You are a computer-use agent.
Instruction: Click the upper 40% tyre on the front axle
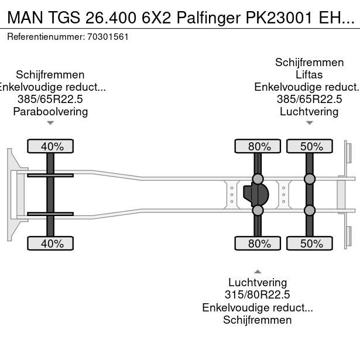[50, 146]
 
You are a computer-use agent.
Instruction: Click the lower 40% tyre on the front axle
[50, 244]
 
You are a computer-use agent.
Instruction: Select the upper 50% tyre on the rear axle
[309, 146]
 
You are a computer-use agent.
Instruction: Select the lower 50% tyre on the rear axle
[309, 244]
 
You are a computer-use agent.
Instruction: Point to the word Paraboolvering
[50, 111]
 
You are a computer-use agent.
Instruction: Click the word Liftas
[309, 74]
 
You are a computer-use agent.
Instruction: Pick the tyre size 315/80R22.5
[258, 295]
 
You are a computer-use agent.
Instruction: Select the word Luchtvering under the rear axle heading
[309, 111]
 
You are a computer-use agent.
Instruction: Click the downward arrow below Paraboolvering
[50, 123]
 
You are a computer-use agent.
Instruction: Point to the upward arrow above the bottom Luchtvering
[258, 271]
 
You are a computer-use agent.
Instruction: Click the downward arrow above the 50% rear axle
[309, 123]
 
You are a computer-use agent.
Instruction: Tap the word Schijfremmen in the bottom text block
[258, 320]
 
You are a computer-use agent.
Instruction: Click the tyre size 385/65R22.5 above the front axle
[50, 100]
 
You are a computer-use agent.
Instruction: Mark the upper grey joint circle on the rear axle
[309, 179]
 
